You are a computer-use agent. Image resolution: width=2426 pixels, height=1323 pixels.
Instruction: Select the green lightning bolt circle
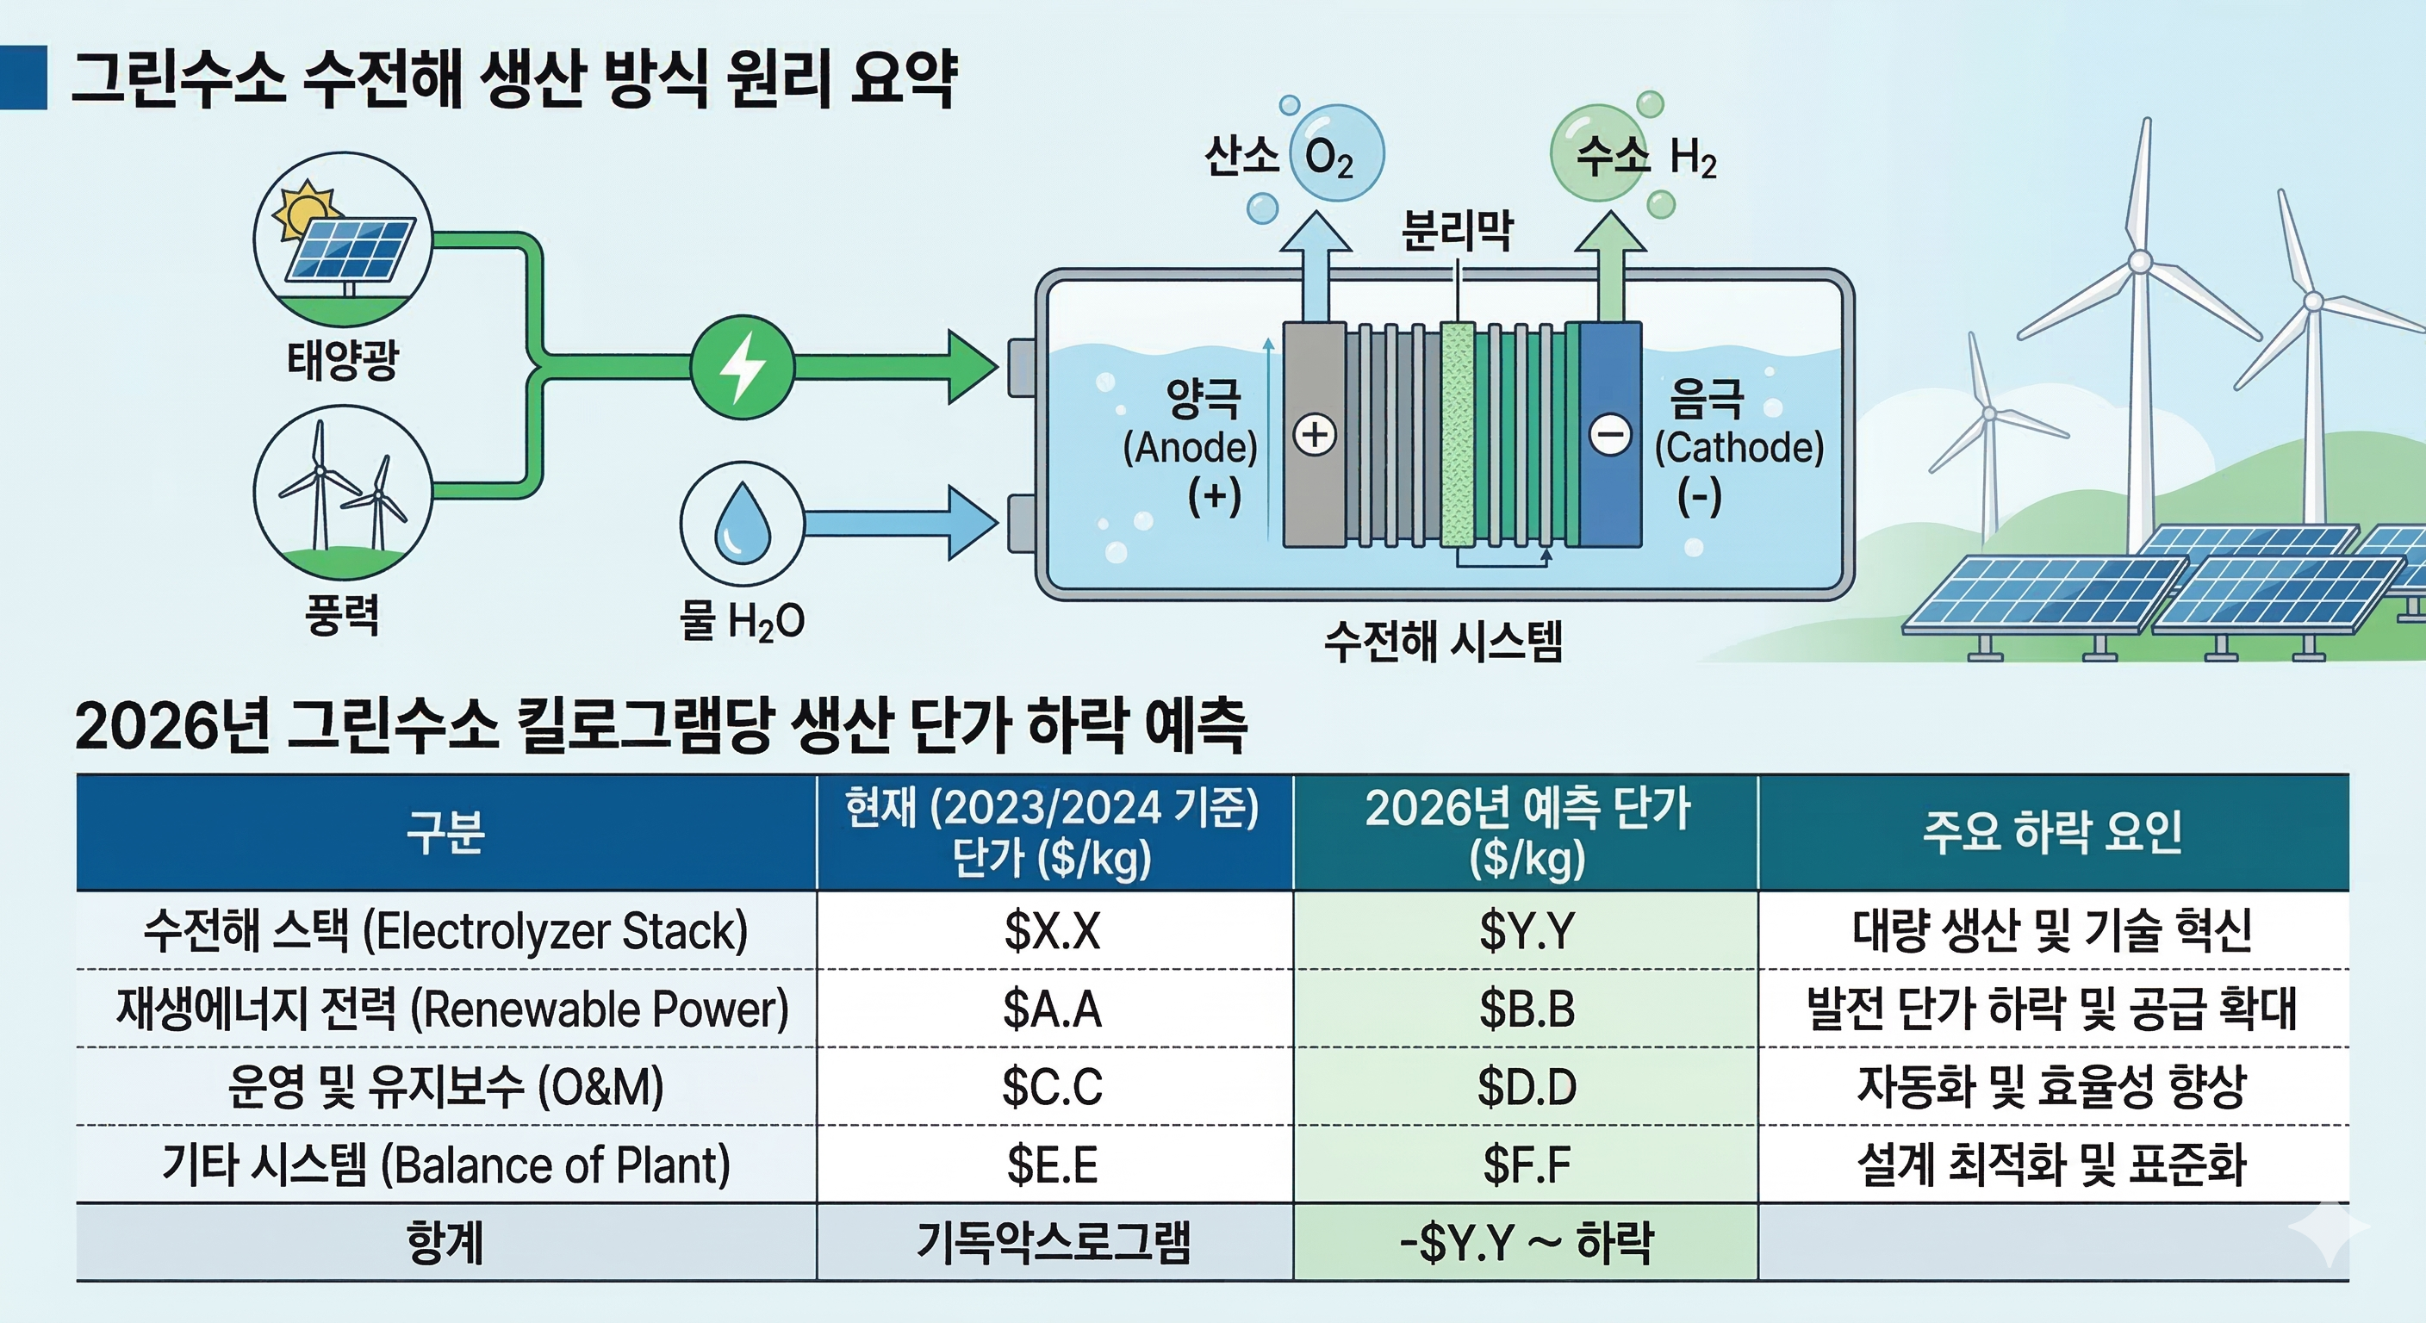(742, 367)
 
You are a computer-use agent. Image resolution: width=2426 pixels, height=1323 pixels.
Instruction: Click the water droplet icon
(742, 523)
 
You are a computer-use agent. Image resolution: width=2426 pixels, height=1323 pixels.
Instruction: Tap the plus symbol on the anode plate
(1315, 435)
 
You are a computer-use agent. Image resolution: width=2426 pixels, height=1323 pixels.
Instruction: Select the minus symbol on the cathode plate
(1609, 435)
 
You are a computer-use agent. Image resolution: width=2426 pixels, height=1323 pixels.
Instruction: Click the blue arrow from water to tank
(899, 523)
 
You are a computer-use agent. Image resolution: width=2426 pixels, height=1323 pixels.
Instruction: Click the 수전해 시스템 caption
(1443, 643)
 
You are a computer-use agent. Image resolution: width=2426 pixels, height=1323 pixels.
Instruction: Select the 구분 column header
(445, 832)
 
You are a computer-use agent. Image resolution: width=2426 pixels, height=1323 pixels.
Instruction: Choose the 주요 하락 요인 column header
(2052, 832)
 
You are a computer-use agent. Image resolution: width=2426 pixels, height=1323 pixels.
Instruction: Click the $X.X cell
(1052, 931)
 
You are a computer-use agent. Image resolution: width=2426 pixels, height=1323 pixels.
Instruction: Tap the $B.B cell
(1526, 1009)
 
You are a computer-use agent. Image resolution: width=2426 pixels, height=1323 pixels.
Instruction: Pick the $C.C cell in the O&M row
(1052, 1087)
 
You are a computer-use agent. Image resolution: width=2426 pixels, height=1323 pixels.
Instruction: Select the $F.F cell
(1526, 1165)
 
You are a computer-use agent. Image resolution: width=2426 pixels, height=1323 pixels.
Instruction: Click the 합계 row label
(445, 1243)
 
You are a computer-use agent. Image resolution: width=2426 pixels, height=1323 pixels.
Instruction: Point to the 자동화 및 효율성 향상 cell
(2052, 1087)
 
